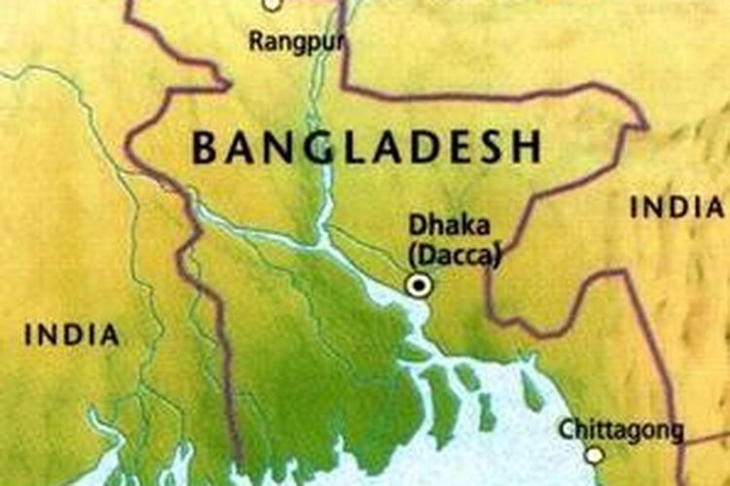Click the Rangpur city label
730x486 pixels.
[x=285, y=42]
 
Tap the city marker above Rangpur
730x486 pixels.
[x=273, y=3]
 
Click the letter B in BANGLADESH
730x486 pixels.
[x=204, y=148]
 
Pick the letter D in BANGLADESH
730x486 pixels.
[x=421, y=148]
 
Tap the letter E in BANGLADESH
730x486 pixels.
[x=456, y=148]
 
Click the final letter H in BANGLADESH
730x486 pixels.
[x=527, y=148]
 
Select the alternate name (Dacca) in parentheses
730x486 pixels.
[x=455, y=255]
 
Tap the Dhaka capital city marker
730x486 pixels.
[x=420, y=285]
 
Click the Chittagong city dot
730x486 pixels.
[x=594, y=455]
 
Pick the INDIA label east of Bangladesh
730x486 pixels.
[x=676, y=206]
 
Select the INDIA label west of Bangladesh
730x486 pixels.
[x=72, y=335]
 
